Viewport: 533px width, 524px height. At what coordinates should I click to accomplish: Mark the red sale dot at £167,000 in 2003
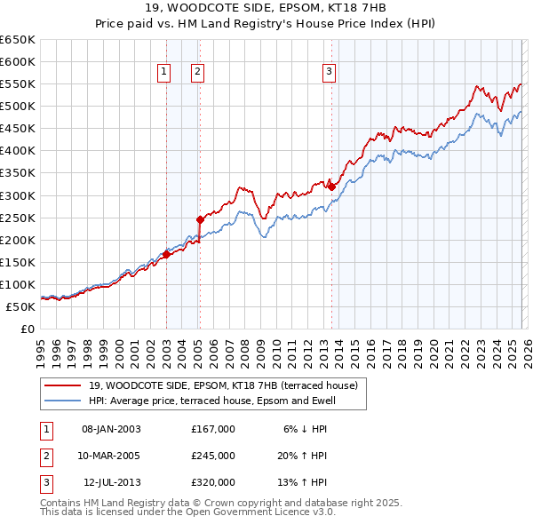coord(166,254)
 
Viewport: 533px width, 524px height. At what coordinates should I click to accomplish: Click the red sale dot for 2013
coord(331,186)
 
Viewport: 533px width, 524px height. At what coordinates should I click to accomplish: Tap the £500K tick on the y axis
coord(19,106)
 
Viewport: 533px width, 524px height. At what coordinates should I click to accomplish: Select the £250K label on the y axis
coord(19,218)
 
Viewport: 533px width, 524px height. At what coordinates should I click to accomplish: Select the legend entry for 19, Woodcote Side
coord(222,385)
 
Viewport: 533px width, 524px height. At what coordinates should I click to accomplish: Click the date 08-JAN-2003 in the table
coord(111,429)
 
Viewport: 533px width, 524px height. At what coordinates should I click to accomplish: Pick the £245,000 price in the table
coord(212,456)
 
